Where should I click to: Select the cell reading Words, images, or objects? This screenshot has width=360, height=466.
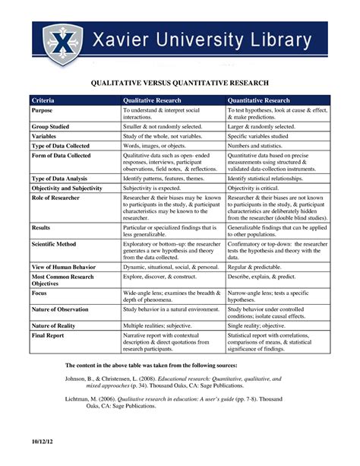156,145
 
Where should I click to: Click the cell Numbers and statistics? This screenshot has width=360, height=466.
258,145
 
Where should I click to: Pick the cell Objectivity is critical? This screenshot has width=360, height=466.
257,186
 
